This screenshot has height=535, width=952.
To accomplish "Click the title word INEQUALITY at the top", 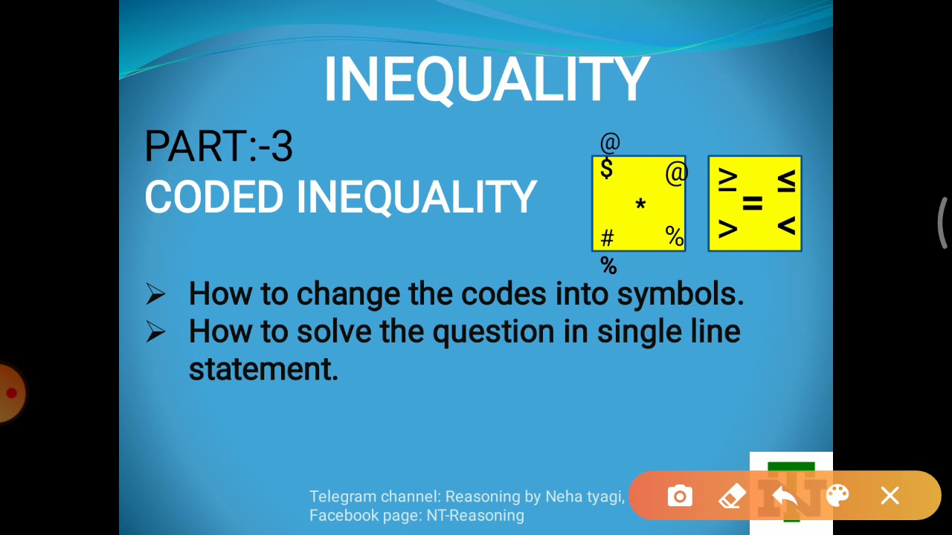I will coord(486,80).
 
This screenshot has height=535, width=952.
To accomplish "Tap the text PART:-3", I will coord(219,146).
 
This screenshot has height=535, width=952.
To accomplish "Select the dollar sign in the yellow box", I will coord(607,169).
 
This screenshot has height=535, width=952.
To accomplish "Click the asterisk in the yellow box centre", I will coord(640,204).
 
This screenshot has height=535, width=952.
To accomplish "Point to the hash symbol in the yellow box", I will coord(607,238).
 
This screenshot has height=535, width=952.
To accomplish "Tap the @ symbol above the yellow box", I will coord(610,142).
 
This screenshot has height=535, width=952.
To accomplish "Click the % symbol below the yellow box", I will coord(608,265).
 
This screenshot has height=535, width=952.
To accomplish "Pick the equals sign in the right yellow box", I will coord(753,204).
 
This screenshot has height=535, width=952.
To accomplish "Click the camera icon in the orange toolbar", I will coord(680,496).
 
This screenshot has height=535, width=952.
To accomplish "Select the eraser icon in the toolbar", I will coord(733,496).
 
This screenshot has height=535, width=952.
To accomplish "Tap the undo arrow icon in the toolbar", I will coord(785,496).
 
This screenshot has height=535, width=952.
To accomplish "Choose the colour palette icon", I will coord(837,496).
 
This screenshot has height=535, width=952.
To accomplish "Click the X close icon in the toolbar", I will coord(890,496).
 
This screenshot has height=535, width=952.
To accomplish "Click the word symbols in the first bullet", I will coord(680,294).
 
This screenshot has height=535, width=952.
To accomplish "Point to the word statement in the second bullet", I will coord(263,369).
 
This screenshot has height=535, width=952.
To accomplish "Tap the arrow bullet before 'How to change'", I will coord(155,294).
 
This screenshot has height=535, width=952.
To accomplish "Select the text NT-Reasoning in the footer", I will coord(475,516).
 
